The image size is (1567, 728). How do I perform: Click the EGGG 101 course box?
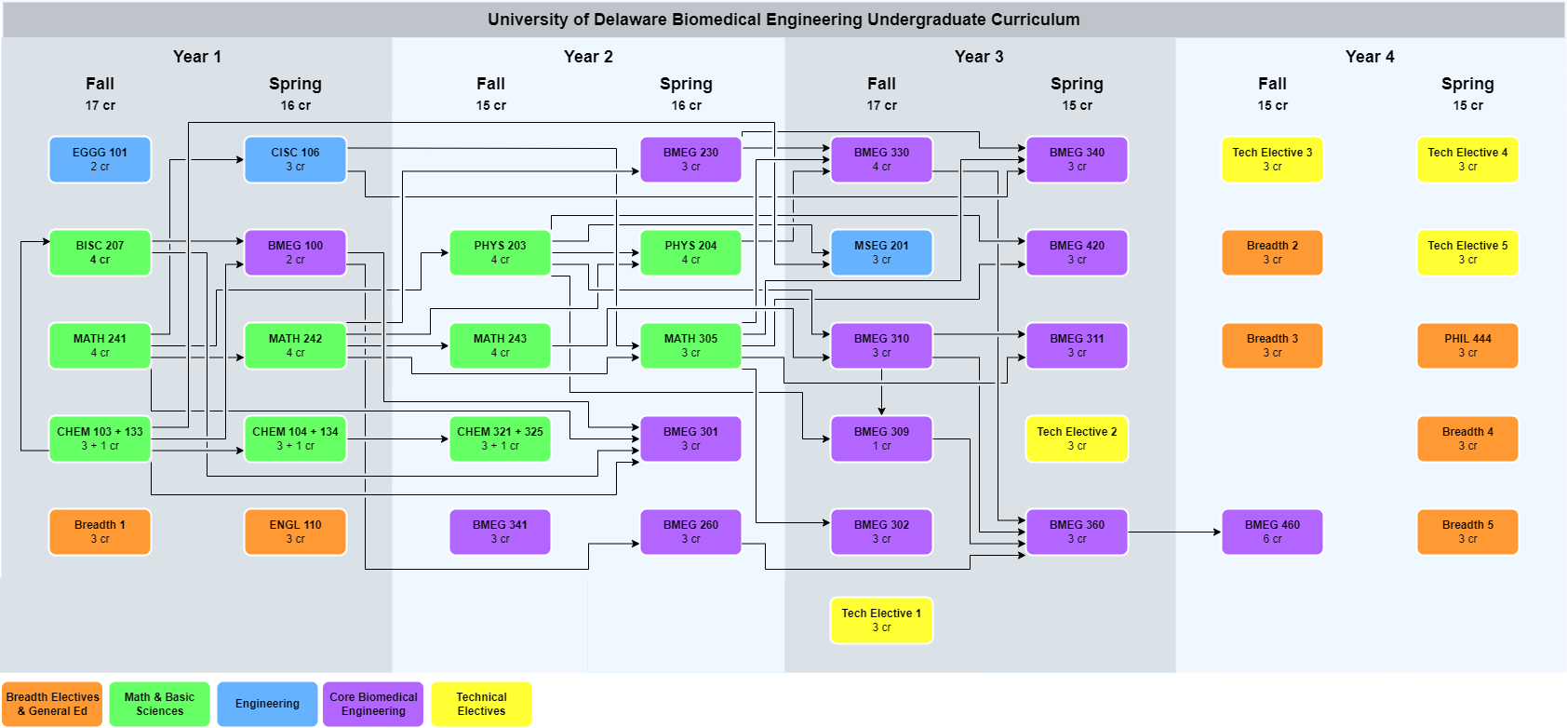(x=100, y=159)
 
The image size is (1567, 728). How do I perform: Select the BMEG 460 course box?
(x=1272, y=532)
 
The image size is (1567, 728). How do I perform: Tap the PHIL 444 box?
(x=1467, y=345)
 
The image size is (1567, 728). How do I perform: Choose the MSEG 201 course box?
(x=881, y=252)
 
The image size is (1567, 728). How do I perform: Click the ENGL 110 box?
(x=295, y=532)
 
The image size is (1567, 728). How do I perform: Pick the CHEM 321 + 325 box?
(x=500, y=438)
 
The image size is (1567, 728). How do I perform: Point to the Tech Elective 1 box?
(x=881, y=620)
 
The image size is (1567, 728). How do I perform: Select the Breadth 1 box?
(x=100, y=532)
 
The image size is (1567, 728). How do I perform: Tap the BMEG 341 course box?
(x=500, y=532)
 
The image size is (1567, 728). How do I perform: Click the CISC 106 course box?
(x=295, y=159)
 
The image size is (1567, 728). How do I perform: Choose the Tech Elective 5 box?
(x=1467, y=252)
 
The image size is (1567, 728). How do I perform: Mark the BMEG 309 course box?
(x=881, y=438)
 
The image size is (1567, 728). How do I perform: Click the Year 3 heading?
(x=979, y=57)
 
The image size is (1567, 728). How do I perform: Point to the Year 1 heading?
(x=197, y=57)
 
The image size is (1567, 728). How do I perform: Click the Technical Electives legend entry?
(x=481, y=704)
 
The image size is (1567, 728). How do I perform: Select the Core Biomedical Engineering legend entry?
(x=373, y=704)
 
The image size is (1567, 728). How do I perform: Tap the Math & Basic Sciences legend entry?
(x=159, y=704)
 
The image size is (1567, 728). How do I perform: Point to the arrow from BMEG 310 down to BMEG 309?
(x=881, y=391)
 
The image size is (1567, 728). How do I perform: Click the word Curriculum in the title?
(x=1035, y=20)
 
